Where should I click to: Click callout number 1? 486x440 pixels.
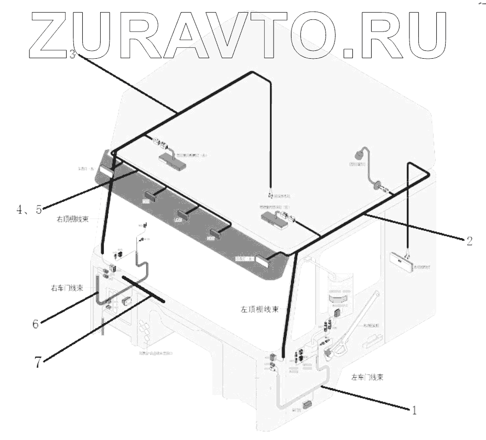(x=414, y=411)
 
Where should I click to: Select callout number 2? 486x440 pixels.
(x=469, y=241)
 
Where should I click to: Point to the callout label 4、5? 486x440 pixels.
(x=28, y=210)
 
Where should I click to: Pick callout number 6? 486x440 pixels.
(x=36, y=324)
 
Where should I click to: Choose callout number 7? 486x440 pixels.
(x=38, y=362)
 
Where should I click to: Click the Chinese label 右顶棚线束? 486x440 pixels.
(x=71, y=219)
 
